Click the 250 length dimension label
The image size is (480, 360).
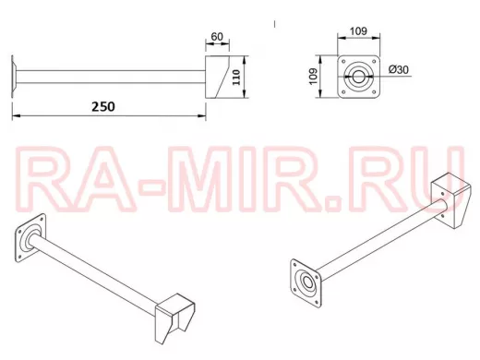tap(103, 106)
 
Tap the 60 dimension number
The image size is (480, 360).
tap(217, 37)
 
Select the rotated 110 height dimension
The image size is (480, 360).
tap(236, 78)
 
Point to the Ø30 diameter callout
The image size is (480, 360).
tap(399, 69)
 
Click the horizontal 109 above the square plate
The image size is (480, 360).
tap(358, 31)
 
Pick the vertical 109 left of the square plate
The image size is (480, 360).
tap(313, 77)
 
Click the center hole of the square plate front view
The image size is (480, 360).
tap(358, 77)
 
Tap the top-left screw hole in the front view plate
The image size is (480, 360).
tap(343, 61)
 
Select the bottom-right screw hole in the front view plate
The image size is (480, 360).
tap(374, 91)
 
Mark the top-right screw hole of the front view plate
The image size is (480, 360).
tap(374, 61)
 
